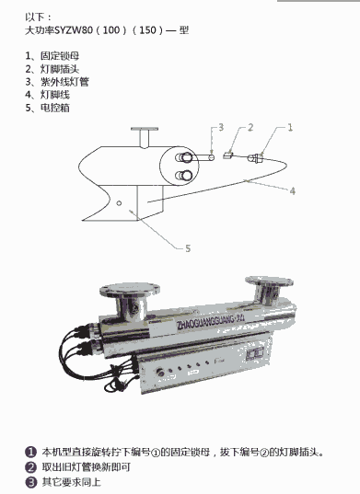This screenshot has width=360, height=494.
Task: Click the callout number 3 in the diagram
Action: pos(221,127)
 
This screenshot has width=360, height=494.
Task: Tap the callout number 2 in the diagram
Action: pos(250,127)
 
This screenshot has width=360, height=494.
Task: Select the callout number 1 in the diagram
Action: pos(290,127)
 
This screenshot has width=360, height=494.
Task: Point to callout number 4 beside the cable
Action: pos(293,191)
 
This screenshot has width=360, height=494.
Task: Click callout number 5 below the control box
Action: pos(188,248)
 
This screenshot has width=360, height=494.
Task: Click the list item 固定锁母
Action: pos(60,56)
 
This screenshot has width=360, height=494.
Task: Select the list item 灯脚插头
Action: pos(60,69)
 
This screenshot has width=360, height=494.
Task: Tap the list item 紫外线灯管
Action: pos(64,82)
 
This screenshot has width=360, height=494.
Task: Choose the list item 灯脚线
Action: pos(55,95)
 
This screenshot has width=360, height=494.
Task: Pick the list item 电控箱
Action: pos(55,108)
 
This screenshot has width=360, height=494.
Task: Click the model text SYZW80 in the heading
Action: pos(74,30)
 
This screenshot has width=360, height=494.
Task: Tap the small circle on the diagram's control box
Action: pos(119,203)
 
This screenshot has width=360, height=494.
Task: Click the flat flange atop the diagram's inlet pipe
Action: pos(145,129)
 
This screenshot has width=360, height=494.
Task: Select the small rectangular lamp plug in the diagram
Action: pos(228,155)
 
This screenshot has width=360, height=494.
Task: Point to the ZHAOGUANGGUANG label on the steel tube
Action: pos(211,321)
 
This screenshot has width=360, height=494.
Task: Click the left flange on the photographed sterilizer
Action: pos(130,289)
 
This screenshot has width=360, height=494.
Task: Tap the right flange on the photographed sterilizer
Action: pos(269,281)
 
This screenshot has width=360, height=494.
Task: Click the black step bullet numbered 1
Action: pos(30,452)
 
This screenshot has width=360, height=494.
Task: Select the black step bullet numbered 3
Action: pos(30,482)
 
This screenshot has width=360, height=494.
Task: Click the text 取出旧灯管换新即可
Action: pos(87,467)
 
